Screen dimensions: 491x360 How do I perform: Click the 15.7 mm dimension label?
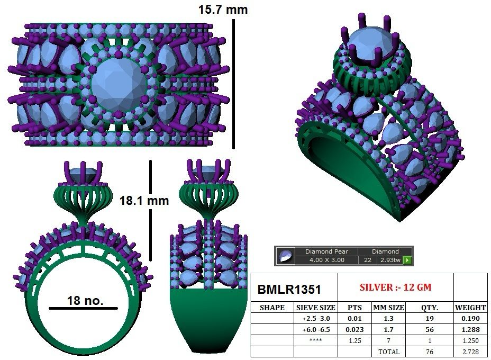click(223, 10)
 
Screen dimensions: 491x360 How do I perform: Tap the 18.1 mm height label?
click(144, 201)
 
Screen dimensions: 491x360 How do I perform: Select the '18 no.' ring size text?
click(85, 301)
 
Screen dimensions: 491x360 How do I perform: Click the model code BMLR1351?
click(289, 289)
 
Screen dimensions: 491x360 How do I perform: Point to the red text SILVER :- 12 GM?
click(395, 287)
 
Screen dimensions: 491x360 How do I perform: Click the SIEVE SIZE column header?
click(316, 308)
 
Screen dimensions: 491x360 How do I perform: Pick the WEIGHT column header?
click(470, 308)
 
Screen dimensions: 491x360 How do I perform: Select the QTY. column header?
click(429, 308)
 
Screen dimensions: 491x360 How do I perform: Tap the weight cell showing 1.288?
click(470, 330)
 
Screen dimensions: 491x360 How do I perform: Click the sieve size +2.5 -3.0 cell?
click(316, 319)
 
